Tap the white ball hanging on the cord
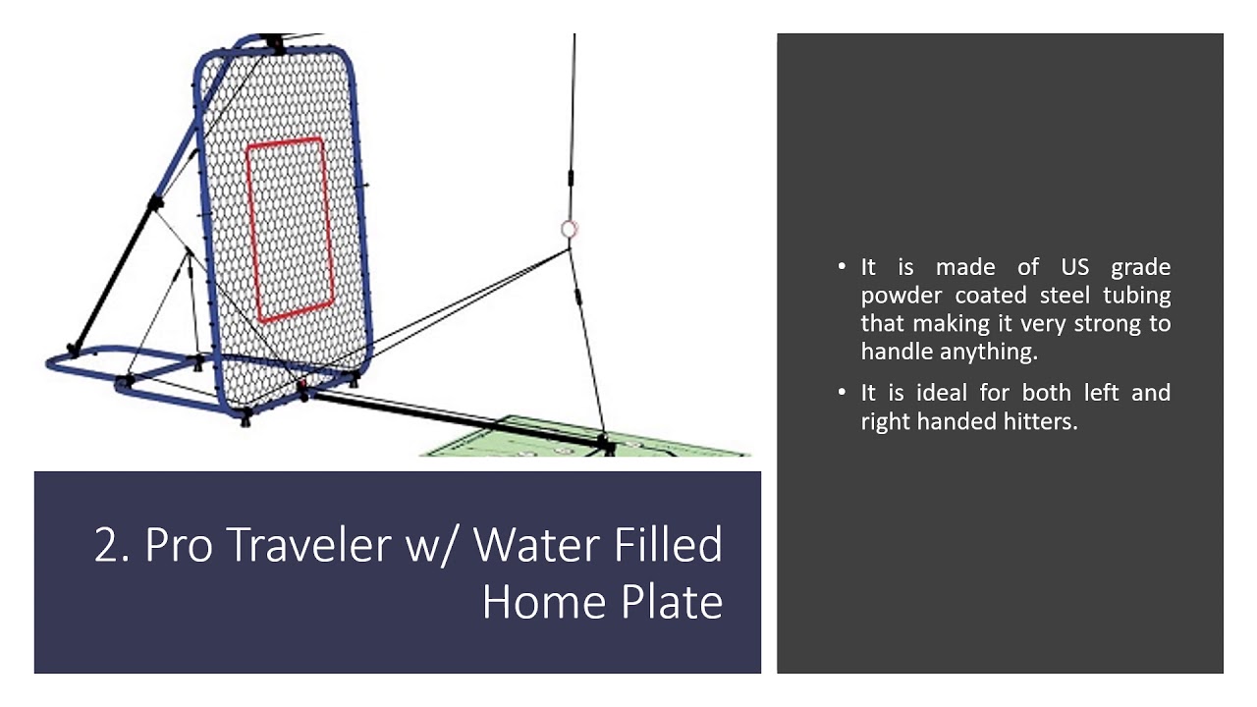pyautogui.click(x=568, y=229)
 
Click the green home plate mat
pyautogui.click(x=550, y=441)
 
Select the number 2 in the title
pyautogui.click(x=107, y=545)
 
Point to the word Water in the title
pyautogui.click(x=535, y=545)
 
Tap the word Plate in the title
pyautogui.click(x=672, y=601)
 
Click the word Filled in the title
pyautogui.click(x=668, y=545)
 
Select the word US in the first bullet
pyautogui.click(x=1075, y=267)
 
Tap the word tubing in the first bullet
pyautogui.click(x=1137, y=296)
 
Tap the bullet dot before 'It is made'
pyautogui.click(x=843, y=267)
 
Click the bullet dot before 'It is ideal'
pyautogui.click(x=843, y=393)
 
